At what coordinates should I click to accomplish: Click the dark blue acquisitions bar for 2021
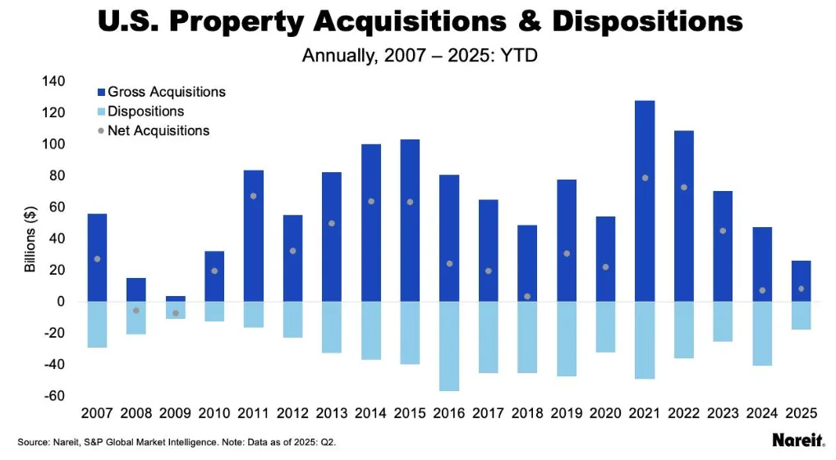[645, 201]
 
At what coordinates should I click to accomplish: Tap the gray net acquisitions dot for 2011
[254, 196]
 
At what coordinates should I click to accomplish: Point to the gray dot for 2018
[527, 297]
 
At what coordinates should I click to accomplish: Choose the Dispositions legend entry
[145, 111]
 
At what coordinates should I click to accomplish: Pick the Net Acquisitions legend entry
[158, 130]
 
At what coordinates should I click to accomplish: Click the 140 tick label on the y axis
[53, 81]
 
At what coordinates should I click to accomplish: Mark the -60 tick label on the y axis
[53, 396]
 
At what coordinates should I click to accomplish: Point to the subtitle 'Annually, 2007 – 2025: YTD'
[418, 56]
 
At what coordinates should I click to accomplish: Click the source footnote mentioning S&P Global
[177, 442]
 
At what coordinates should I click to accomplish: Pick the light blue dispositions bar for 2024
[762, 333]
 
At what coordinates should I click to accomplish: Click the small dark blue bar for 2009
[176, 298]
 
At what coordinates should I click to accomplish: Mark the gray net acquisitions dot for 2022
[683, 187]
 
